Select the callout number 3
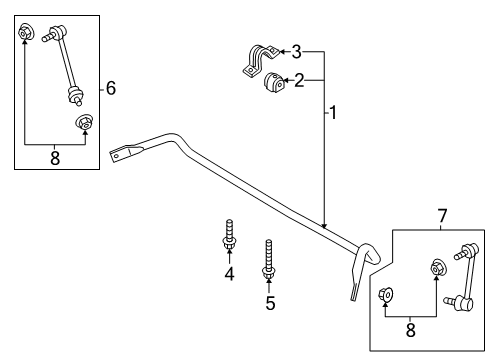pos(295,50)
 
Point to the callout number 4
pos(229,274)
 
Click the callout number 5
pos(269,302)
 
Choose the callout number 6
pos(110,89)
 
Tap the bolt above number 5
pos(269,259)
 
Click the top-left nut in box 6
pos(26,32)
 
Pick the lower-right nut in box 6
pos(86,124)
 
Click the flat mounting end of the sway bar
pos(122,153)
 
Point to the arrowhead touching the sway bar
pos(324,225)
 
